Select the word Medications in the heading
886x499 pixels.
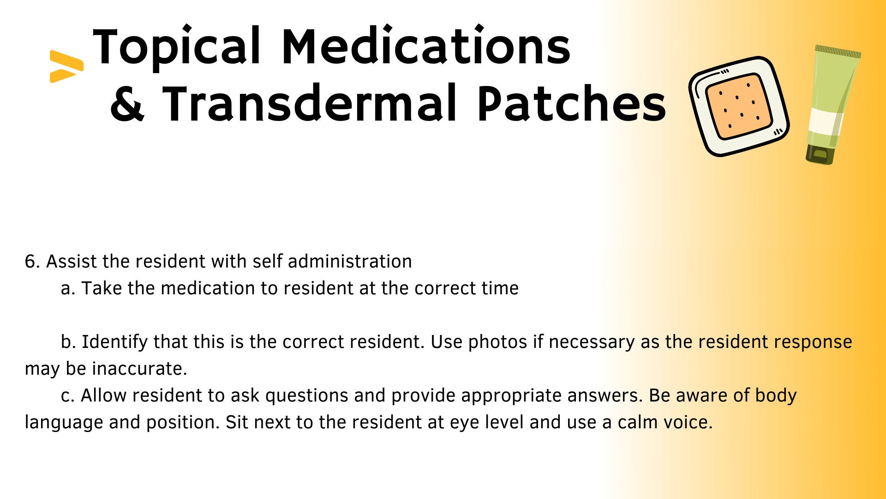click(x=426, y=45)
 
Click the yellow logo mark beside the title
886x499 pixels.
click(x=66, y=67)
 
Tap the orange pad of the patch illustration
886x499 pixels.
click(x=739, y=107)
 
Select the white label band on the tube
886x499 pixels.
click(x=826, y=122)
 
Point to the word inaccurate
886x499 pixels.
click(x=139, y=369)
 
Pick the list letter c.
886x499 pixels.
click(x=67, y=396)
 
